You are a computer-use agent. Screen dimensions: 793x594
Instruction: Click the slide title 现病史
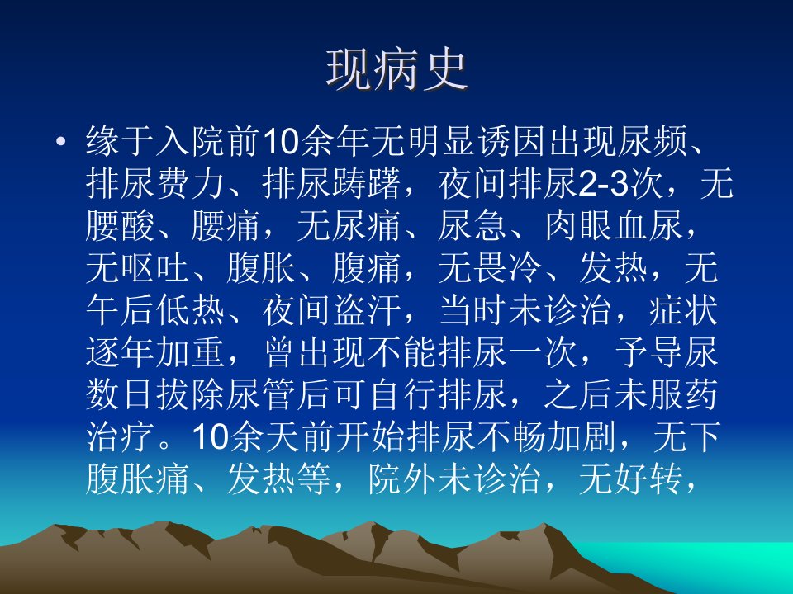[396, 70]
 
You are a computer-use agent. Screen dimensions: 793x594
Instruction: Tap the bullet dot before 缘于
[61, 141]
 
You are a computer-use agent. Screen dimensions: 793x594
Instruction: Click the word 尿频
[653, 141]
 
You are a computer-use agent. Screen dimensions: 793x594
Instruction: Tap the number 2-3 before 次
[603, 183]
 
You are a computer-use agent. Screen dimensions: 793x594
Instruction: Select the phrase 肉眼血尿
[615, 225]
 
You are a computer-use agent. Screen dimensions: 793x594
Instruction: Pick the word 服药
[684, 394]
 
